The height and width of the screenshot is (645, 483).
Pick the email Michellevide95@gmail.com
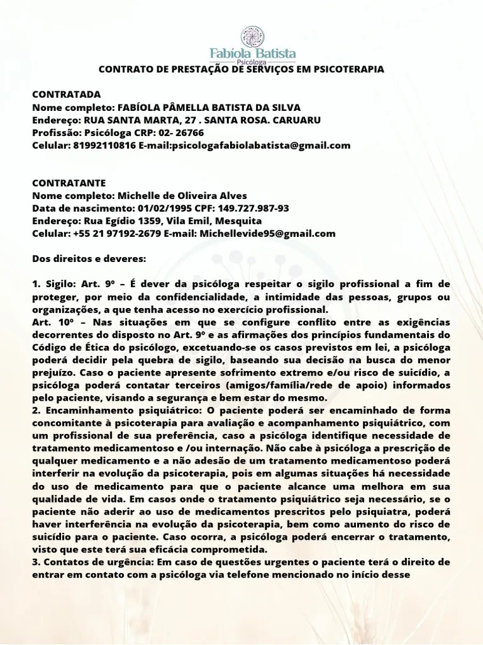(x=267, y=233)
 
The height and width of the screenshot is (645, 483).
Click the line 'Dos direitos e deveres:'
(x=80, y=258)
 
